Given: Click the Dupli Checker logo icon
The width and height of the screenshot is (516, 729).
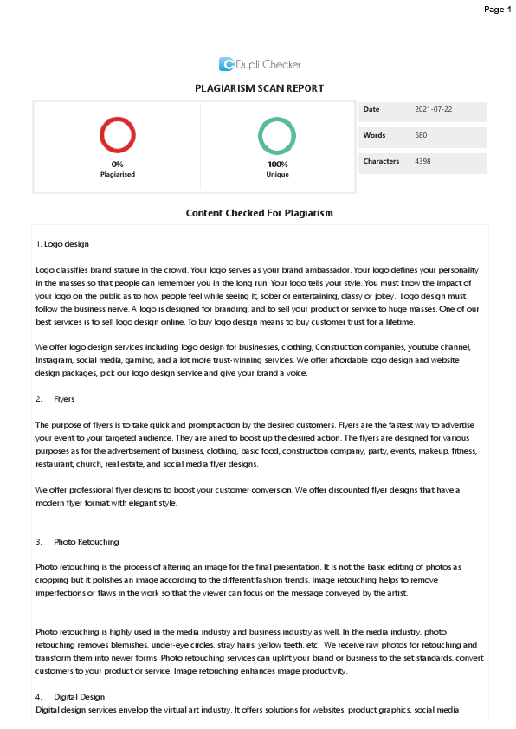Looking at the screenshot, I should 227,64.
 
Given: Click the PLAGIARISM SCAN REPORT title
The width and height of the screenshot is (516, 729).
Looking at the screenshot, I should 260,88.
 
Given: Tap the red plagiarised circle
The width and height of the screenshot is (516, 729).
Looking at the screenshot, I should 118,135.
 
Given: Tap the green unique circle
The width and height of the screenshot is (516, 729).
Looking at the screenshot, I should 277,135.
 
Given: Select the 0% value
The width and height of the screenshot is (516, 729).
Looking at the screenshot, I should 118,164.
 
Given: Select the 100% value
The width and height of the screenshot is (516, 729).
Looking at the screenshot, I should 277,164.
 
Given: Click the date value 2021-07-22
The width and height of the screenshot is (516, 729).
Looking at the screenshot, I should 434,110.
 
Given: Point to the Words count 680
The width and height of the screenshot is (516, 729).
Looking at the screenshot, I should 421,136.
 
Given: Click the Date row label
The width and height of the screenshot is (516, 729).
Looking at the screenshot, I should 371,110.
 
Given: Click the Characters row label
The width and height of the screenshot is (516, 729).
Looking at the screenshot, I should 381,162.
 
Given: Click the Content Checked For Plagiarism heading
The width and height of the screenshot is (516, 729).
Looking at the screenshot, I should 260,213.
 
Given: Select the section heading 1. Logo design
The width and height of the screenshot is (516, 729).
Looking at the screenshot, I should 62,244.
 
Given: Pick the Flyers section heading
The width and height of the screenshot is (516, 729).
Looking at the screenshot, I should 64,399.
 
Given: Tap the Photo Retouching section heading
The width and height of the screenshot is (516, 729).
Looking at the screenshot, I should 86,541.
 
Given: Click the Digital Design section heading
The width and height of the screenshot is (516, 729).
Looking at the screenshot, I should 81,696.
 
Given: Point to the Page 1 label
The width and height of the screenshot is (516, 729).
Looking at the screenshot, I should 497,10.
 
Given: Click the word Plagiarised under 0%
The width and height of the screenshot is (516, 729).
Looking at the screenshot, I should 118,174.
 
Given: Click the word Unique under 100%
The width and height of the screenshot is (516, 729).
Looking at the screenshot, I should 277,174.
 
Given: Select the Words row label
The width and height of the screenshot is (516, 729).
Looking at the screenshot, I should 374,136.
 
